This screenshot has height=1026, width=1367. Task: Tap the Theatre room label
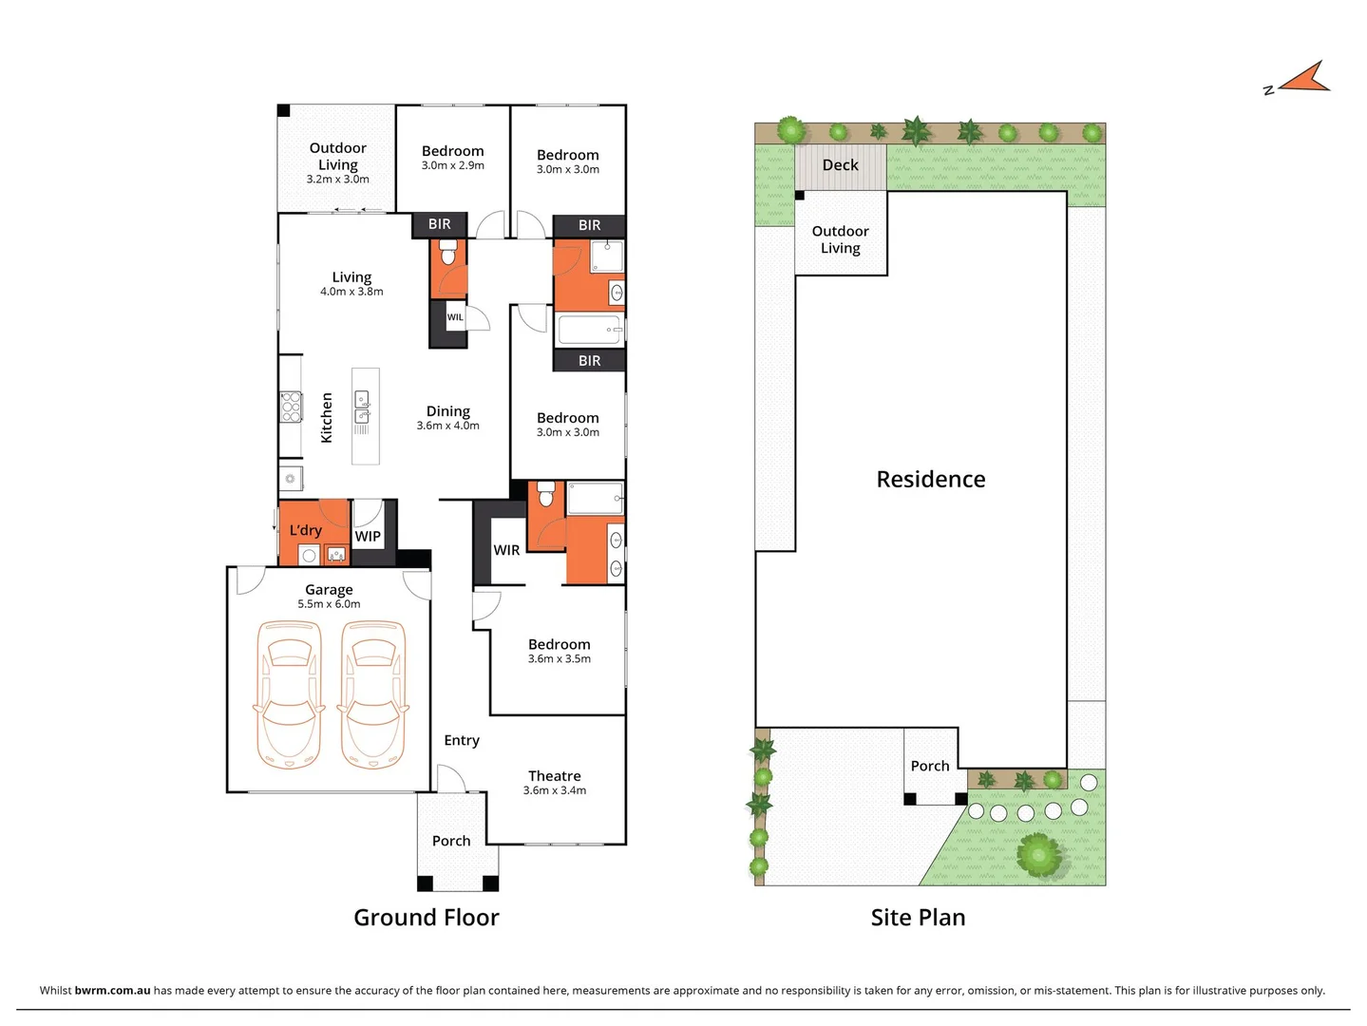point(554,776)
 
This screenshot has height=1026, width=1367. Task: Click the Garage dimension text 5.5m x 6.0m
point(329,604)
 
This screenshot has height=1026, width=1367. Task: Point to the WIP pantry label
point(368,537)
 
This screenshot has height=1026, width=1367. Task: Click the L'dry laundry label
point(305,530)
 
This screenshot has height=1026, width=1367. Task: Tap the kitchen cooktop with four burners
point(290,407)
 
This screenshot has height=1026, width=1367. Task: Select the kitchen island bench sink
point(362,408)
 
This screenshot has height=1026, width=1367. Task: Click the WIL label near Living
point(455,317)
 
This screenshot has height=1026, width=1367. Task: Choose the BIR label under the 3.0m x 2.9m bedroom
point(439,224)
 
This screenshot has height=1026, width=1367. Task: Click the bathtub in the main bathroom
point(589,330)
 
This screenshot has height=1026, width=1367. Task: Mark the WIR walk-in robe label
point(506,550)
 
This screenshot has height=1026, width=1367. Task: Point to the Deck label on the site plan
point(840,165)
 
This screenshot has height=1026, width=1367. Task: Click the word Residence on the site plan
point(930,480)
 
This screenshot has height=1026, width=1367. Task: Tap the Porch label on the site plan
point(929,766)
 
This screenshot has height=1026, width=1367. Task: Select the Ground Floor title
point(426,918)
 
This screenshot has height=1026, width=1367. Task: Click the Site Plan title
point(918,918)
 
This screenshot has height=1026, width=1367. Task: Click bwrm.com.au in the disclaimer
point(112,991)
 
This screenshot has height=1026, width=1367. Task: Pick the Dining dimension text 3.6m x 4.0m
point(447,426)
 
